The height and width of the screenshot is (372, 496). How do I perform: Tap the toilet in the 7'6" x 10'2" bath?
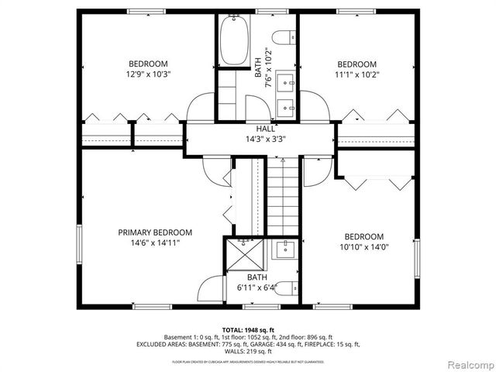[x=284, y=35]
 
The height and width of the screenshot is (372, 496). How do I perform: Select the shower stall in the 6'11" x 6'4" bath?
[x=245, y=253]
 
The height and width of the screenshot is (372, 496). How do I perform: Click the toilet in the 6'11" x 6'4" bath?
[x=284, y=288]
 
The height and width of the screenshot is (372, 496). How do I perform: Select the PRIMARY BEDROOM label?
[x=155, y=232]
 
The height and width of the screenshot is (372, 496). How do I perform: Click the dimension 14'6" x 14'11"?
[x=155, y=243]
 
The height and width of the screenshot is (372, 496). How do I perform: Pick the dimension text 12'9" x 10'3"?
[x=148, y=74]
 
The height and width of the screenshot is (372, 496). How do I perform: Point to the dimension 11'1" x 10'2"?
[x=356, y=74]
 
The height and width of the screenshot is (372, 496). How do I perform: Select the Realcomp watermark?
[x=467, y=363]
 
